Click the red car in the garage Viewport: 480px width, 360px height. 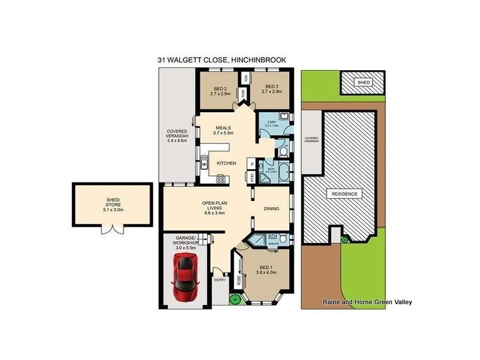[x=185, y=278]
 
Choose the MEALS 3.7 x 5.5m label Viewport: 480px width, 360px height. [x=224, y=130]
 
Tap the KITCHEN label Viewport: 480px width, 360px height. [x=226, y=163]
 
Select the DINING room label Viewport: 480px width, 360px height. [x=271, y=209]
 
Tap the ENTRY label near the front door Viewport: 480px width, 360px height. [x=220, y=279]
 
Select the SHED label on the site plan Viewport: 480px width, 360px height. [x=363, y=82]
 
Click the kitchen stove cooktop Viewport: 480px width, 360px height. [x=220, y=178]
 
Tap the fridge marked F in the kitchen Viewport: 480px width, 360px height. [x=253, y=164]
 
